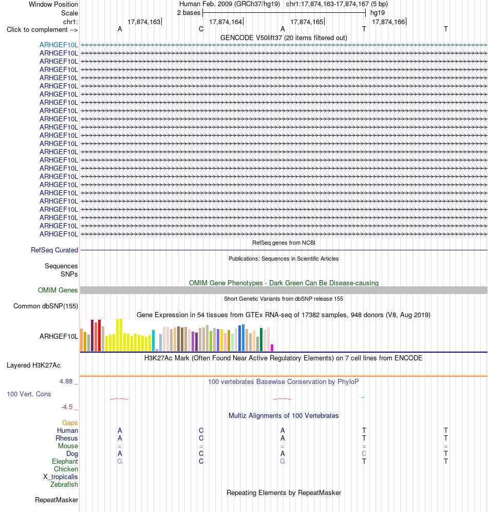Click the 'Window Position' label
(53, 4)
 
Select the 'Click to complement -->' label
(42, 29)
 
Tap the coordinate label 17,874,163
(144, 22)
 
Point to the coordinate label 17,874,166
(388, 22)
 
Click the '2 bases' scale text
(189, 13)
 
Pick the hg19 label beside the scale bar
(378, 13)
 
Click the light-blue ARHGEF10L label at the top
(59, 45)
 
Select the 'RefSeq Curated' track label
(54, 250)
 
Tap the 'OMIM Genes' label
(58, 290)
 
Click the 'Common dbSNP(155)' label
(46, 306)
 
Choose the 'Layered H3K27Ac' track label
(33, 365)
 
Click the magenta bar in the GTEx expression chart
(272, 348)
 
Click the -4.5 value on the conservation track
(67, 407)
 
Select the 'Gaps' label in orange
(70, 423)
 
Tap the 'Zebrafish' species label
(64, 485)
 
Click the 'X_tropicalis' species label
(61, 477)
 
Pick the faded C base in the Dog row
(364, 453)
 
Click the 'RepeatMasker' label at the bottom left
(57, 500)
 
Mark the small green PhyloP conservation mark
(363, 397)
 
